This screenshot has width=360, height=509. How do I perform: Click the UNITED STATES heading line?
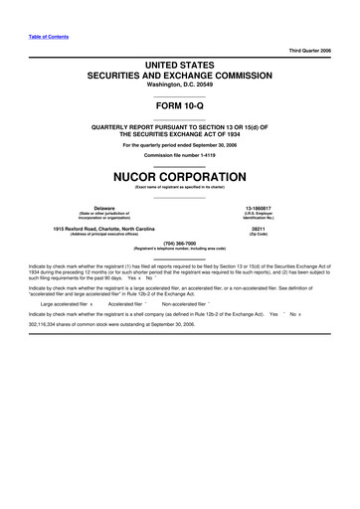[x=180, y=63]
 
